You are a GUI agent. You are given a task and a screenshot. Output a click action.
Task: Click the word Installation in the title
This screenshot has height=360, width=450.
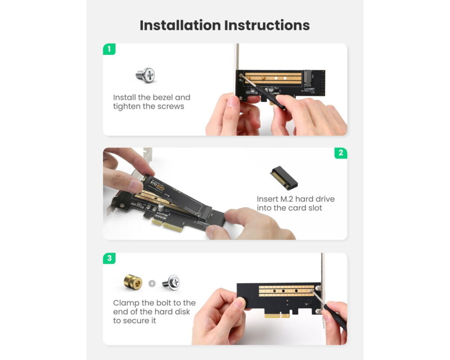180,25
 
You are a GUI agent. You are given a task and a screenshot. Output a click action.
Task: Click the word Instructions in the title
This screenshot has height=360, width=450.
267,25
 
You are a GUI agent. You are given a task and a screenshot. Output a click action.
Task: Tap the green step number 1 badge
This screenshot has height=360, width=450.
109,49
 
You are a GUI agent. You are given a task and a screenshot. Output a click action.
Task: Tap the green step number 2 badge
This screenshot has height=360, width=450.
341,153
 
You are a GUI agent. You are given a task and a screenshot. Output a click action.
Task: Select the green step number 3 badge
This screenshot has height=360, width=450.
109,258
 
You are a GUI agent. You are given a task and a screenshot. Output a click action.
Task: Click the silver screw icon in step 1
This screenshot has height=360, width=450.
145,75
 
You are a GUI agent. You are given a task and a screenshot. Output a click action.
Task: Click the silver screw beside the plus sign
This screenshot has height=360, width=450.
171,282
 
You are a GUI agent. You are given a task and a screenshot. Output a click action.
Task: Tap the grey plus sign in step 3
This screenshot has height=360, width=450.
152,283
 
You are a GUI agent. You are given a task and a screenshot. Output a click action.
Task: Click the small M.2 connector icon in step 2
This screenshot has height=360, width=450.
284,178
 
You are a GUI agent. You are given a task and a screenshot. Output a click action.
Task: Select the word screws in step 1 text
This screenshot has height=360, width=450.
171,107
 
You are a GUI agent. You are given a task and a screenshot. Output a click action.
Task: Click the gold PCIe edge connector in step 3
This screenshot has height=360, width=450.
277,315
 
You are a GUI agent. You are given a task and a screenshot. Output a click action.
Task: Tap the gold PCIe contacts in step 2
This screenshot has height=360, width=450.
167,225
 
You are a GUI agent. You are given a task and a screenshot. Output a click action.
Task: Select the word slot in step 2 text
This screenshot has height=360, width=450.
315,208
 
